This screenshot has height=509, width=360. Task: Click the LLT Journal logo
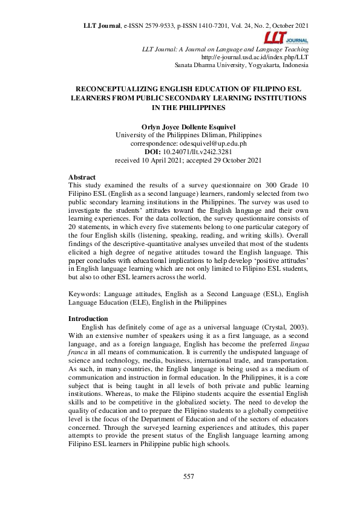(292, 37)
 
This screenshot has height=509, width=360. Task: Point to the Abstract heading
(82, 177)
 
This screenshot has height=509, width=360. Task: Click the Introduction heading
(88, 319)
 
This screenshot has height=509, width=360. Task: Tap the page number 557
(188, 477)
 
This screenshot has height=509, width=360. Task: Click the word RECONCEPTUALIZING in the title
(120, 88)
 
